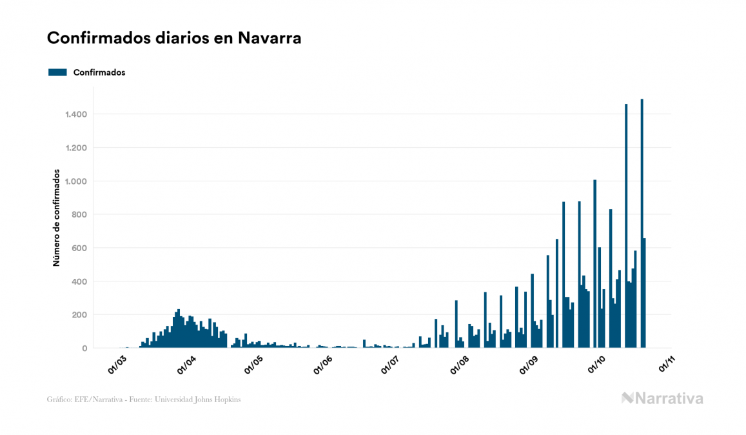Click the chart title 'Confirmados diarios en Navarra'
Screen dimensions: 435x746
174,38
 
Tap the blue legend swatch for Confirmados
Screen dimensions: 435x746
57,72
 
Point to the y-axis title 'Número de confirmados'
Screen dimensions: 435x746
57,218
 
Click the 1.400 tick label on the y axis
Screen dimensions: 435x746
75,115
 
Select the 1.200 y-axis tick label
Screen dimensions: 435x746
75,148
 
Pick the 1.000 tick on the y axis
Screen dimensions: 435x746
75,181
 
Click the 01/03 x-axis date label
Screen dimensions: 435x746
117,365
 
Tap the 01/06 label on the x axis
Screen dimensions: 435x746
322,365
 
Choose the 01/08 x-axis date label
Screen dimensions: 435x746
460,365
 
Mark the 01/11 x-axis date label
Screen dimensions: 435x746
665,365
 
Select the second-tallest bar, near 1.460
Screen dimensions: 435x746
626,226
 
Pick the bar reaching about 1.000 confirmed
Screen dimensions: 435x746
594,265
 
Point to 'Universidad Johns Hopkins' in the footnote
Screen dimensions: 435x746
205,400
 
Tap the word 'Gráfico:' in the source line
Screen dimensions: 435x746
59,400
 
